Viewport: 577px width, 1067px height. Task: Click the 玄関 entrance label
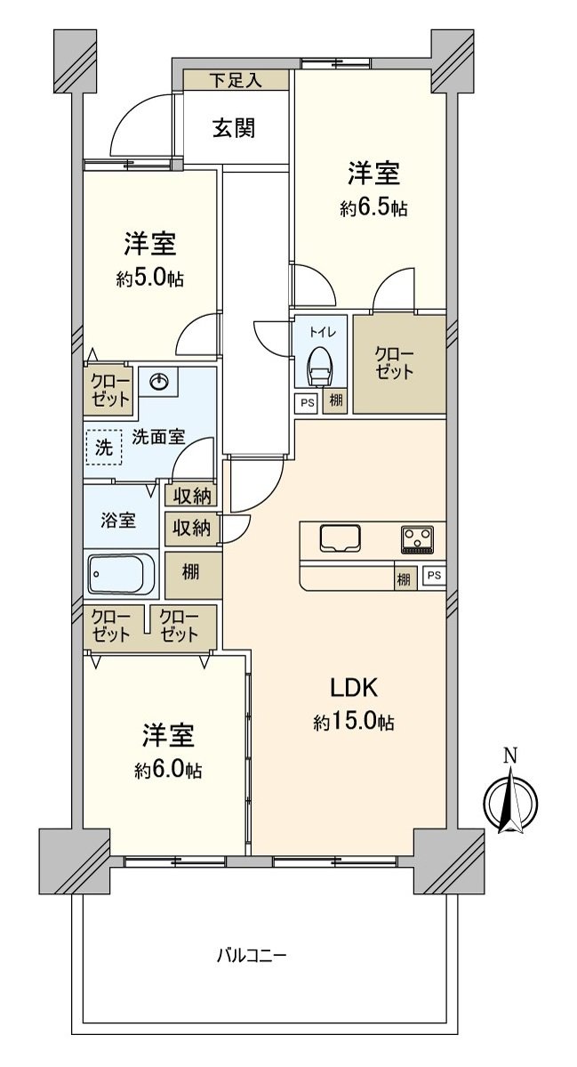(x=234, y=128)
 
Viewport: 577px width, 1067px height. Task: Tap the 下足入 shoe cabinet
(x=235, y=80)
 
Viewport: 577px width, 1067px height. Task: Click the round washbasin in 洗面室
(x=158, y=383)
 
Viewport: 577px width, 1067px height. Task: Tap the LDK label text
(x=354, y=690)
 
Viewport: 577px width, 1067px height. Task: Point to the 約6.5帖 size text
(x=373, y=208)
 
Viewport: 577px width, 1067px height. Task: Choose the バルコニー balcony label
(x=252, y=955)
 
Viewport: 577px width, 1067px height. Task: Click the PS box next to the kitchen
(x=434, y=577)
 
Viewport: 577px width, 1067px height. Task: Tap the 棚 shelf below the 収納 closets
(x=193, y=574)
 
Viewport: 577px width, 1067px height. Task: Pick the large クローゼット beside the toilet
(x=399, y=364)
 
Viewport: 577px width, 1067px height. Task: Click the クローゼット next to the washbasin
(x=109, y=391)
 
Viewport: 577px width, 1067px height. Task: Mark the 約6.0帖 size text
(x=168, y=771)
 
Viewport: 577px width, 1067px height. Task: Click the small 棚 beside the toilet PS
(x=336, y=402)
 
